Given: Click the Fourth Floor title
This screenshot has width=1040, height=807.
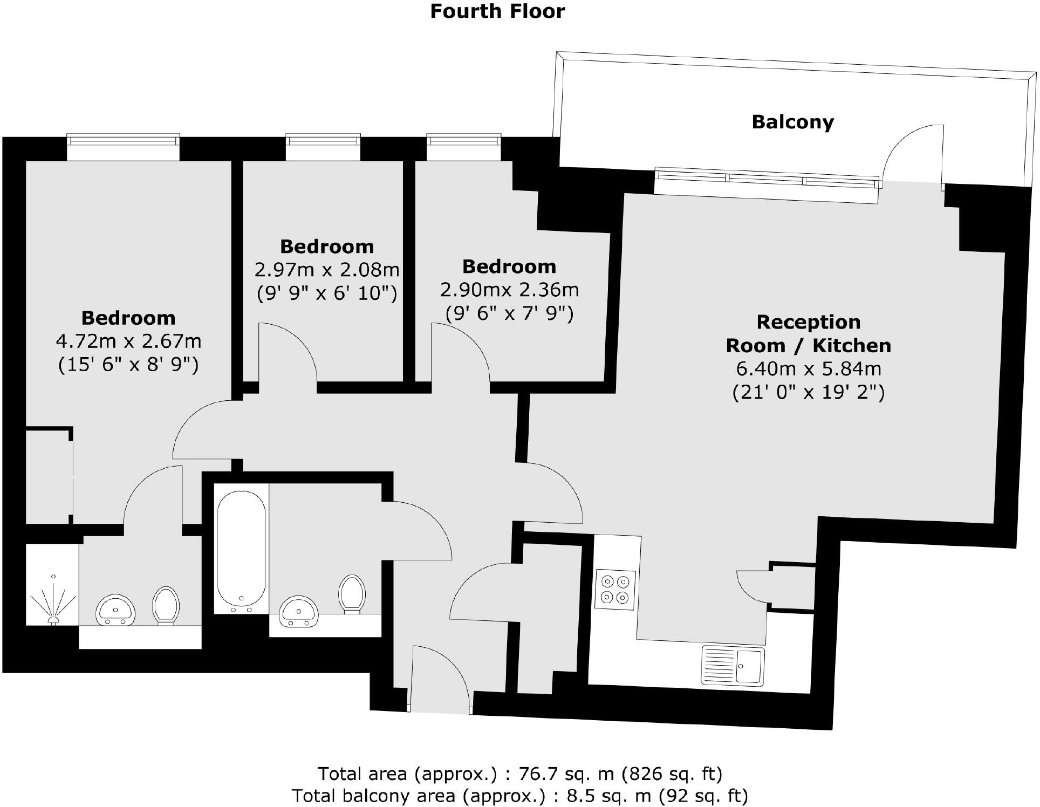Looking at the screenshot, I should pyautogui.click(x=497, y=11).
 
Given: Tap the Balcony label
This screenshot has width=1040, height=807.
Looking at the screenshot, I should pyautogui.click(x=792, y=122).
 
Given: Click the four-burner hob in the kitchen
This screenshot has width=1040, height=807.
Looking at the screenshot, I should pyautogui.click(x=615, y=590).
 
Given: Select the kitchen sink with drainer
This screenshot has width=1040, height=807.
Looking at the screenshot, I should pyautogui.click(x=733, y=665).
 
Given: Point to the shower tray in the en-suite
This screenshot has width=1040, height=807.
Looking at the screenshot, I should pyautogui.click(x=52, y=585).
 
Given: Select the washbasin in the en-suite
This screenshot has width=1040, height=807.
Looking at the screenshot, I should pyautogui.click(x=115, y=610).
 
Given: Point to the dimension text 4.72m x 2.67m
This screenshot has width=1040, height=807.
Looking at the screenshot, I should pyautogui.click(x=128, y=341).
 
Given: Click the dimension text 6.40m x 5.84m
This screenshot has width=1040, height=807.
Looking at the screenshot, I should pyautogui.click(x=808, y=368).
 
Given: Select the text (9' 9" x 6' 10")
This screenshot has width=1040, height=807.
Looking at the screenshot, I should pyautogui.click(x=327, y=293).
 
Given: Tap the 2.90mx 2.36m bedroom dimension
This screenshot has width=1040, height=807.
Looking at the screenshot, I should pyautogui.click(x=509, y=290).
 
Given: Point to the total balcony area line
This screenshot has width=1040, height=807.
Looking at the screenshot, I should pyautogui.click(x=519, y=796).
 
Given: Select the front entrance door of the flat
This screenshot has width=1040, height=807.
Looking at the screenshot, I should pyautogui.click(x=441, y=680).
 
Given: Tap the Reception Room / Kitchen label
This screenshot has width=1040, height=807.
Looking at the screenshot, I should pyautogui.click(x=808, y=333).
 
